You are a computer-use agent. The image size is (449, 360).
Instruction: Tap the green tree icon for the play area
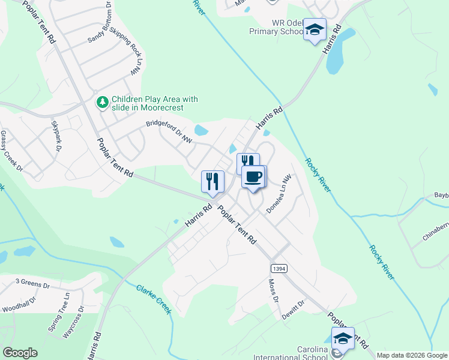point(103,103)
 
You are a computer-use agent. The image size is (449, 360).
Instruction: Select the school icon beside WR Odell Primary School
point(315,30)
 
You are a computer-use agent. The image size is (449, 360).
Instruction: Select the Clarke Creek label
point(154,299)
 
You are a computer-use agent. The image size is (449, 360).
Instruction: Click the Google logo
point(20,353)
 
